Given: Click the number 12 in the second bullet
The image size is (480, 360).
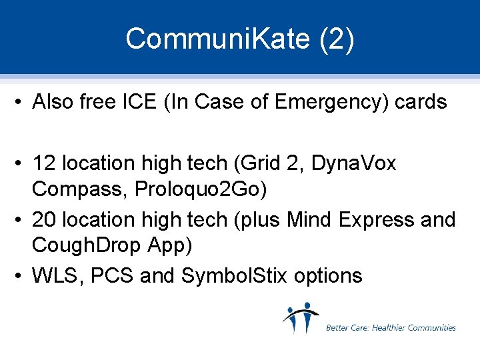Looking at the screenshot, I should pyautogui.click(x=44, y=163).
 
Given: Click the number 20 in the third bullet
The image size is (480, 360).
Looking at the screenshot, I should pyautogui.click(x=45, y=219).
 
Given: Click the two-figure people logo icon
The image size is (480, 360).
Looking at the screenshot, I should pyautogui.click(x=301, y=318).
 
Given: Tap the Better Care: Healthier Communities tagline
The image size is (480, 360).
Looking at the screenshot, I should pyautogui.click(x=391, y=327).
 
